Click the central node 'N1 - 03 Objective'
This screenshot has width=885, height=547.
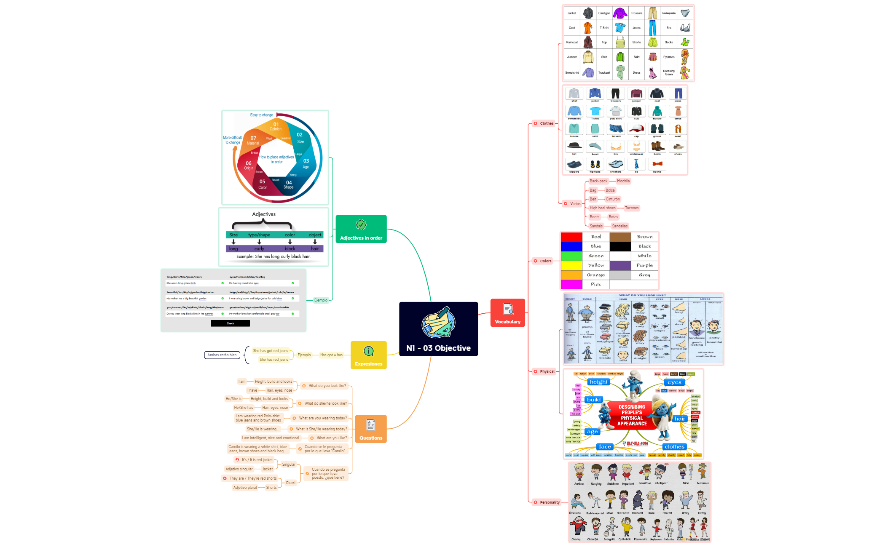click(x=438, y=329)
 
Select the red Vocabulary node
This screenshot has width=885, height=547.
click(x=507, y=313)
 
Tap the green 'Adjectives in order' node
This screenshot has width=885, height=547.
click(x=361, y=229)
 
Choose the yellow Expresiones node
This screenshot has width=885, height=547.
click(x=368, y=355)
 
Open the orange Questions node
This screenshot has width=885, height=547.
click(x=371, y=429)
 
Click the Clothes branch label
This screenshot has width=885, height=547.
click(x=547, y=123)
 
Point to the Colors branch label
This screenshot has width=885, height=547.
click(x=545, y=261)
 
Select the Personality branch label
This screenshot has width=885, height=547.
click(x=550, y=502)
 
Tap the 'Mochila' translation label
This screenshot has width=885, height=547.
click(x=623, y=181)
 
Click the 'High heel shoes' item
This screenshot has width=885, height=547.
click(x=602, y=208)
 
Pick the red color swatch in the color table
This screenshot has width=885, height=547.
click(x=571, y=237)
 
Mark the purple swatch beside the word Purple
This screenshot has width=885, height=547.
click(x=620, y=266)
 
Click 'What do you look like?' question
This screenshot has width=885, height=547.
click(x=327, y=386)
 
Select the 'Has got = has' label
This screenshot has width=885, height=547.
click(x=331, y=355)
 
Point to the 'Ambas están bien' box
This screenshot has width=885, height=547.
click(x=222, y=355)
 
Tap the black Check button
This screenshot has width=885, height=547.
click(x=230, y=323)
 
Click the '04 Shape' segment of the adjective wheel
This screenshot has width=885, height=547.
click(x=289, y=185)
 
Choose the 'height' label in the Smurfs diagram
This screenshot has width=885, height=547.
click(x=598, y=382)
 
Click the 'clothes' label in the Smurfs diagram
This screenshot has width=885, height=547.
click(x=674, y=447)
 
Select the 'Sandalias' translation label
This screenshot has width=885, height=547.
click(x=619, y=226)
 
